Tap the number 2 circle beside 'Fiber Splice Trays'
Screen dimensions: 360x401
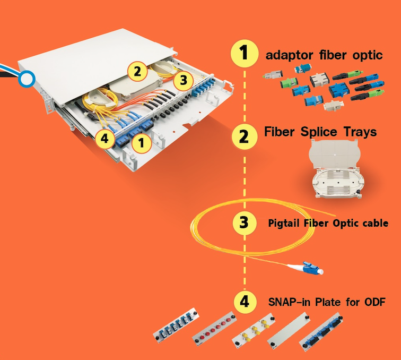tap(244, 136)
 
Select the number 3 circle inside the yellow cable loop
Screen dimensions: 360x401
tap(244, 222)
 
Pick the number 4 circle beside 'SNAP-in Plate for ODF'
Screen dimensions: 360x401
tap(244, 302)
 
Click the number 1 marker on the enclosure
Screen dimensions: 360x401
tap(141, 142)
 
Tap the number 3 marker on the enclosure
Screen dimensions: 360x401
tap(183, 81)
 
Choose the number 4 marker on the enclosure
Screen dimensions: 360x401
tap(104, 139)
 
